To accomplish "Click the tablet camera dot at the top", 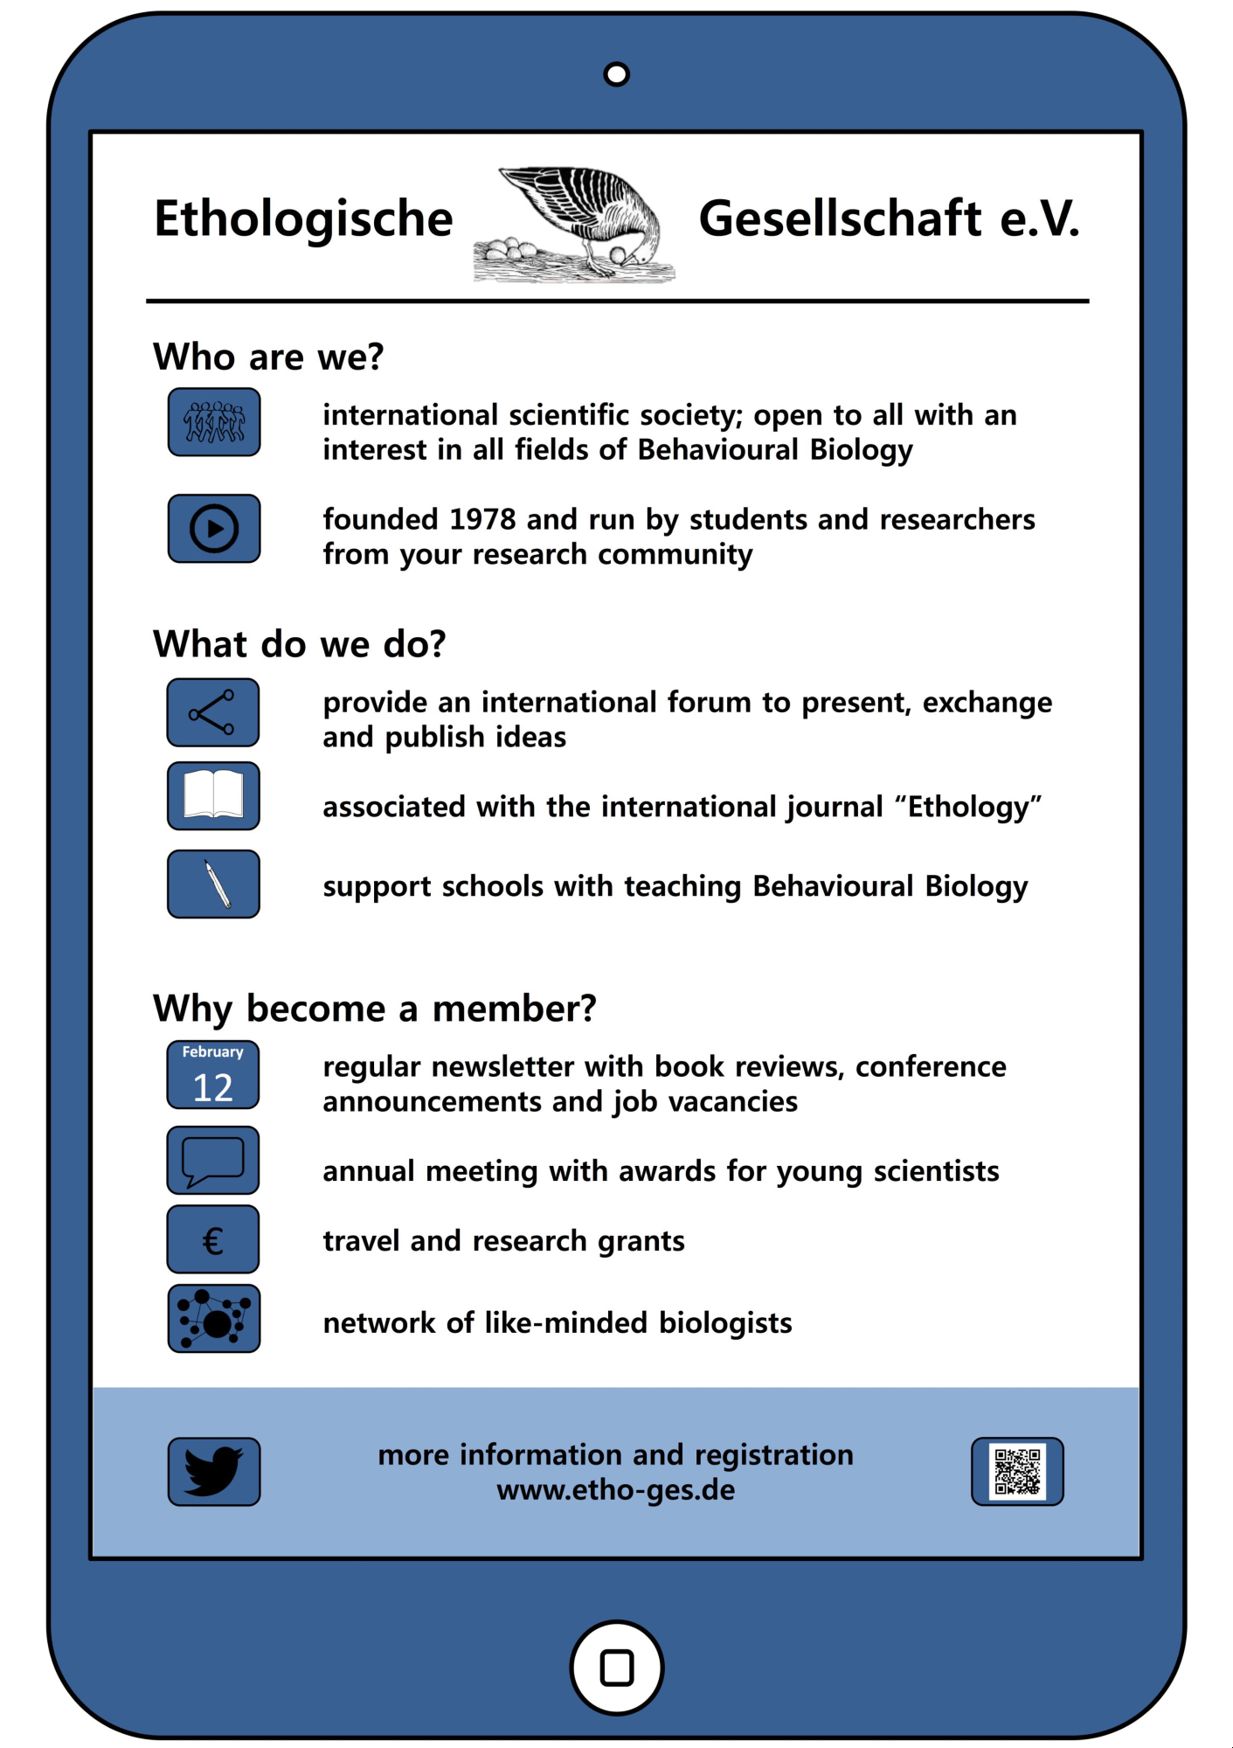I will [x=616, y=74].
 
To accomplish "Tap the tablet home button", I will [x=616, y=1668].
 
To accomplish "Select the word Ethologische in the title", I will [x=303, y=218].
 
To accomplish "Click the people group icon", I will [x=214, y=422].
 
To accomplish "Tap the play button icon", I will [x=214, y=529].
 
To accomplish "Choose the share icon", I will [x=213, y=712].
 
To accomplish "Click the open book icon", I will [x=213, y=795].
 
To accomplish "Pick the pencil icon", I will [x=213, y=884].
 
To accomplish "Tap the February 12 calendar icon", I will [x=213, y=1075].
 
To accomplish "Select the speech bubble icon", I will [x=213, y=1161].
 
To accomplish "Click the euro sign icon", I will [x=213, y=1239].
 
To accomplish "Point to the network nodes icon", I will [x=213, y=1319].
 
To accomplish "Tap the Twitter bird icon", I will [x=214, y=1472].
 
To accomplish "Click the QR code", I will [x=1017, y=1472].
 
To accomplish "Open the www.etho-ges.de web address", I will [x=616, y=1490].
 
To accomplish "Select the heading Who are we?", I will [x=268, y=357].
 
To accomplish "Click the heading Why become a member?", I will [x=374, y=1009].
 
